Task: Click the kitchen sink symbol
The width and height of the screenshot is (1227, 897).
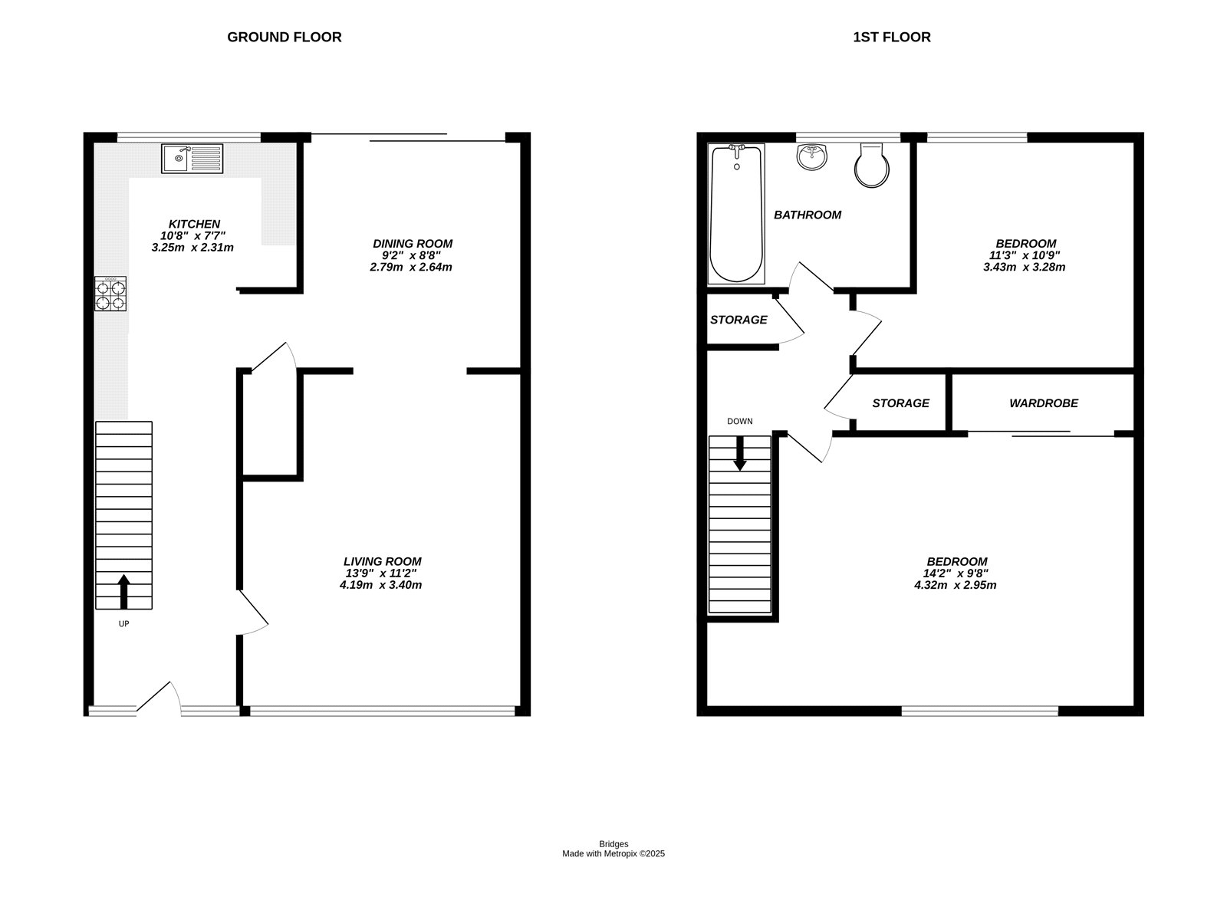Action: [192, 159]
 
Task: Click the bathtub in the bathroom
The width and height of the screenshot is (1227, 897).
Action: [736, 214]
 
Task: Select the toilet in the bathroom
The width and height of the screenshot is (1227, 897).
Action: [872, 166]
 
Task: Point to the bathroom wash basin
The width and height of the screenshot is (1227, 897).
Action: [812, 157]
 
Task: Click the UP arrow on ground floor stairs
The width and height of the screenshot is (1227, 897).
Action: [123, 591]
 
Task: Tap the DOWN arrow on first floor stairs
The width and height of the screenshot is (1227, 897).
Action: [740, 453]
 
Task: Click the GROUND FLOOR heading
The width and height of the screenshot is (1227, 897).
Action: [284, 37]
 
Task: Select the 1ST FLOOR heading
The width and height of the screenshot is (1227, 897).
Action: [892, 37]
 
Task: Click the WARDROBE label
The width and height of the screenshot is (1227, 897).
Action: [1043, 403]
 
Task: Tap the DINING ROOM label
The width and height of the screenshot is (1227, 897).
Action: [413, 244]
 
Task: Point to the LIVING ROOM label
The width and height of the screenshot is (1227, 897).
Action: [382, 561]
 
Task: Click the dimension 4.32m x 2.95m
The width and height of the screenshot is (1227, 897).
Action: [956, 585]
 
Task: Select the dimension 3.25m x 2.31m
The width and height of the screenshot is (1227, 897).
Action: [192, 248]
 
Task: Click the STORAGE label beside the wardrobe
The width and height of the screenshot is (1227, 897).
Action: [900, 403]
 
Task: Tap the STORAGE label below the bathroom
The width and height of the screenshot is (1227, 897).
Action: [738, 320]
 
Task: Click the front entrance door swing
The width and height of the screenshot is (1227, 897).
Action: [160, 698]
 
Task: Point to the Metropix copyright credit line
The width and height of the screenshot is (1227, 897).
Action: [613, 853]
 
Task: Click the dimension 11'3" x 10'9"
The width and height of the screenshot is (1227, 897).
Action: [1024, 255]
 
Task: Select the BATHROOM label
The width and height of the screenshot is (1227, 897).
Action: [807, 215]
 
